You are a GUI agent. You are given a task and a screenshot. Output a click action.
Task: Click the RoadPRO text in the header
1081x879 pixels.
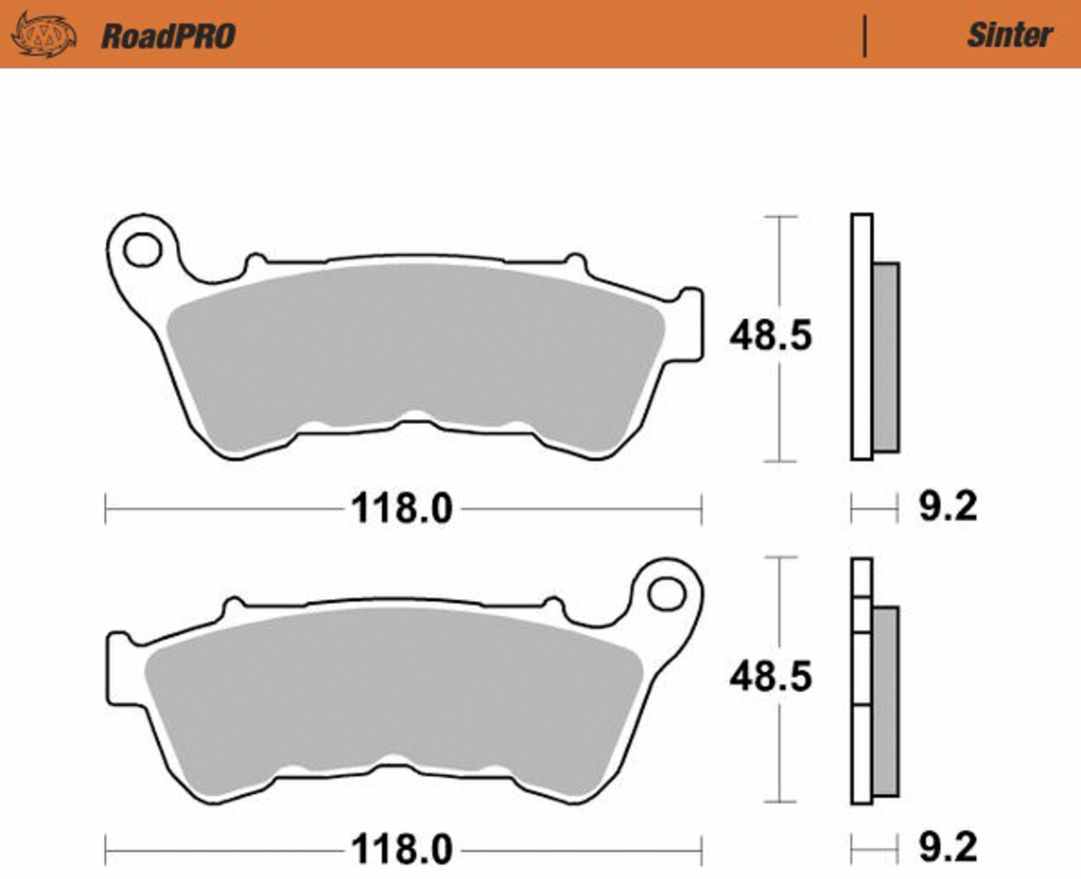tap(169, 37)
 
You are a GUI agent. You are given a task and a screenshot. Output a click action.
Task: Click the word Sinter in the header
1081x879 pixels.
tap(1010, 36)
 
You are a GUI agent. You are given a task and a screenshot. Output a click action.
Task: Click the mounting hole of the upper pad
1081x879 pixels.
tap(143, 249)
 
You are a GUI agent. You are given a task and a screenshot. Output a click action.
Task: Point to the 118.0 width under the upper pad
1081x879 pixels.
tap(402, 508)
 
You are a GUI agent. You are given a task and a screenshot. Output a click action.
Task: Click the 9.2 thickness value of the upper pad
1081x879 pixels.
tap(948, 506)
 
